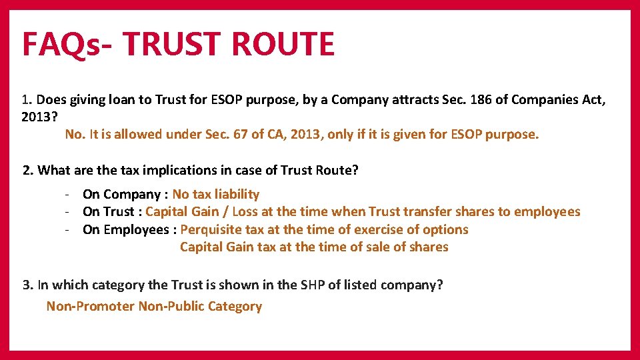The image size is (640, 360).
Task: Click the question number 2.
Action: (27, 170)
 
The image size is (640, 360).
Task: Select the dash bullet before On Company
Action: (68, 194)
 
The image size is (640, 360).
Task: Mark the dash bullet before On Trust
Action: (68, 211)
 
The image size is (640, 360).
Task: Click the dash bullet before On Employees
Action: (68, 229)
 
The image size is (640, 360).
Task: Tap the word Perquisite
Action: (212, 229)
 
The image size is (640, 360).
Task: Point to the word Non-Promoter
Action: (90, 306)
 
